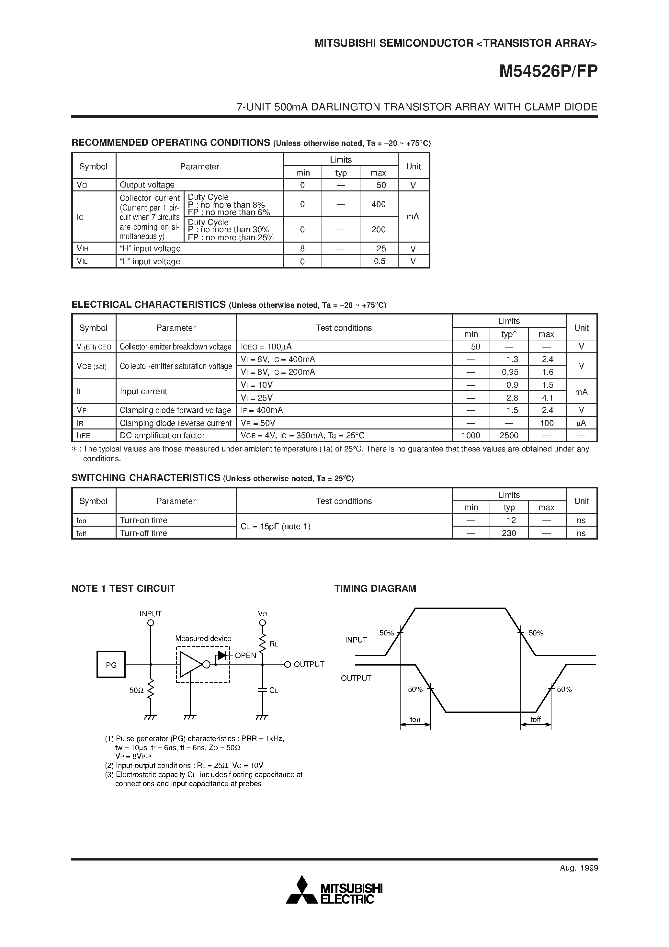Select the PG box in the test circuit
pos(111,665)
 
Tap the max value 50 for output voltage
pos(381,185)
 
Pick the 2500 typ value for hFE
pos(509,436)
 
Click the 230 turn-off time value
pos(509,533)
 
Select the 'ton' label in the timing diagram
pos(415,720)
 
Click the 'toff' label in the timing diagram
pos(535,720)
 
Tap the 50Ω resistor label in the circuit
pos(136,690)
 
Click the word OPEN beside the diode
pos(245,656)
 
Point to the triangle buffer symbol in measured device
pos(190,665)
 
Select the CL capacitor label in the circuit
pos(273,690)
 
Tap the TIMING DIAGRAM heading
pos(375,588)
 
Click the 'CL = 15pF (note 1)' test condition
pos(276,527)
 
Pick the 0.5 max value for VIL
pos(379,261)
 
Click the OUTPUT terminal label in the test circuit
pos(309,665)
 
